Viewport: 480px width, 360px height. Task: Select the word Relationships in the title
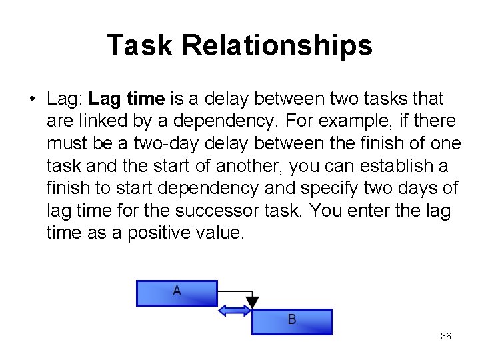click(x=277, y=45)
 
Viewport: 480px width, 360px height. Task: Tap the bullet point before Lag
click(x=32, y=100)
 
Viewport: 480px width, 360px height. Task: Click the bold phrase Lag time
click(x=126, y=99)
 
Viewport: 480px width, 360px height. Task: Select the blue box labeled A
click(x=177, y=293)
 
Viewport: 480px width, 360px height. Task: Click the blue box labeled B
click(x=291, y=321)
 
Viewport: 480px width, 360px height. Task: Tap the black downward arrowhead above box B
click(x=251, y=303)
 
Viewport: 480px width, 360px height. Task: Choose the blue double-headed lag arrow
click(x=233, y=311)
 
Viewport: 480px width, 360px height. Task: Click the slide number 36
click(x=446, y=336)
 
